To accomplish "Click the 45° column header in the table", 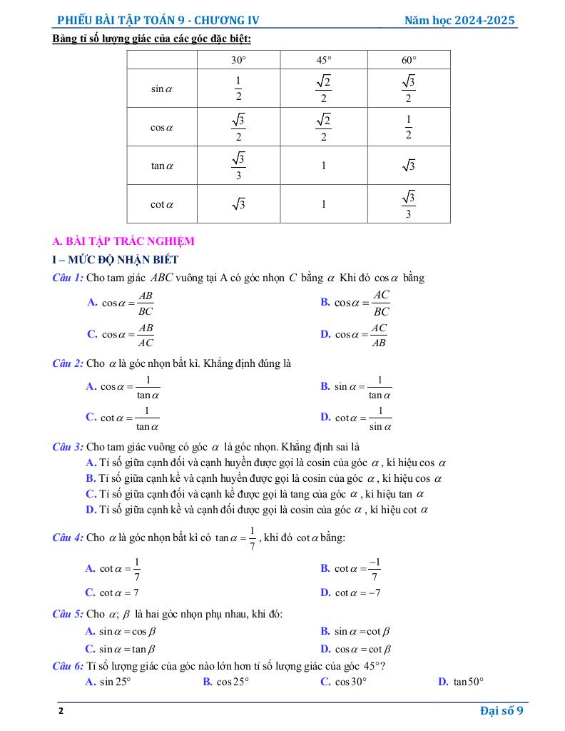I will tap(323, 60).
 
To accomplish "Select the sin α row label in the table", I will tap(162, 89).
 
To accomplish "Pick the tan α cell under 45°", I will tap(323, 166).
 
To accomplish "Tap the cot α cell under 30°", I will tap(238, 205).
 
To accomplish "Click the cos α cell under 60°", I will tap(408, 127).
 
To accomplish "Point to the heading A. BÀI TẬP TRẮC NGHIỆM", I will tap(123, 241).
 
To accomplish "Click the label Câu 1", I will tap(68, 278).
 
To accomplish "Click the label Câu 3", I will tap(68, 448).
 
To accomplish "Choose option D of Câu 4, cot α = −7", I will tap(350, 593).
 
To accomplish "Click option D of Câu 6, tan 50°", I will tap(461, 682).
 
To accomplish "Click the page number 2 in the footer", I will tap(61, 711).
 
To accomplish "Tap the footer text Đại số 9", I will tap(502, 710).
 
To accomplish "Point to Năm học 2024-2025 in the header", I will tap(459, 21).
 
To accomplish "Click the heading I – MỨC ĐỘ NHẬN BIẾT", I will tap(116, 260).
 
